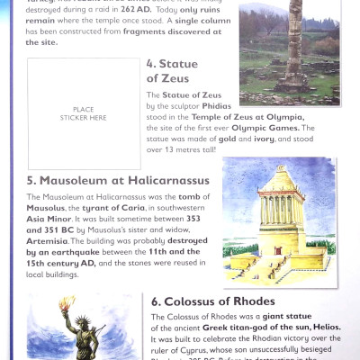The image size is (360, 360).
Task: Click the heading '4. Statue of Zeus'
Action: [175, 71]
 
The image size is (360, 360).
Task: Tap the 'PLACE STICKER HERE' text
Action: [84, 113]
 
